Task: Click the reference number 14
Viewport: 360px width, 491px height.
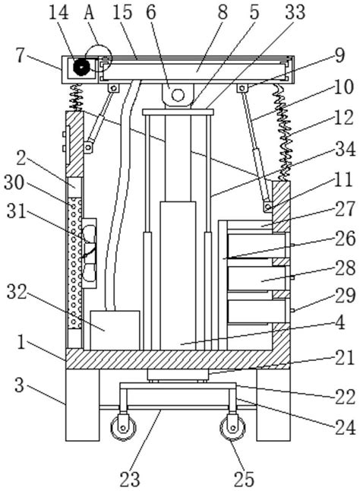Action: point(59,13)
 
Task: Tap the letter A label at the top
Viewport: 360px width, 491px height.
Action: point(89,13)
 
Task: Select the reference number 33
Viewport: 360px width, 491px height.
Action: point(295,12)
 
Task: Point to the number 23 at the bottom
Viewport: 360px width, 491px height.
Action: point(130,479)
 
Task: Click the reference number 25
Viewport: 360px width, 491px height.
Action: point(244,479)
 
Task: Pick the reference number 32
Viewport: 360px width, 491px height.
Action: point(17,292)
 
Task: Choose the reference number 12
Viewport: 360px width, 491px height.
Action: point(344,117)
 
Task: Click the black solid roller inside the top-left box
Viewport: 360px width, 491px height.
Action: point(81,66)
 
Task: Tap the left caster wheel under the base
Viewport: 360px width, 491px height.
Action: point(124,428)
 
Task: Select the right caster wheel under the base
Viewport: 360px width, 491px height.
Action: point(232,428)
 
